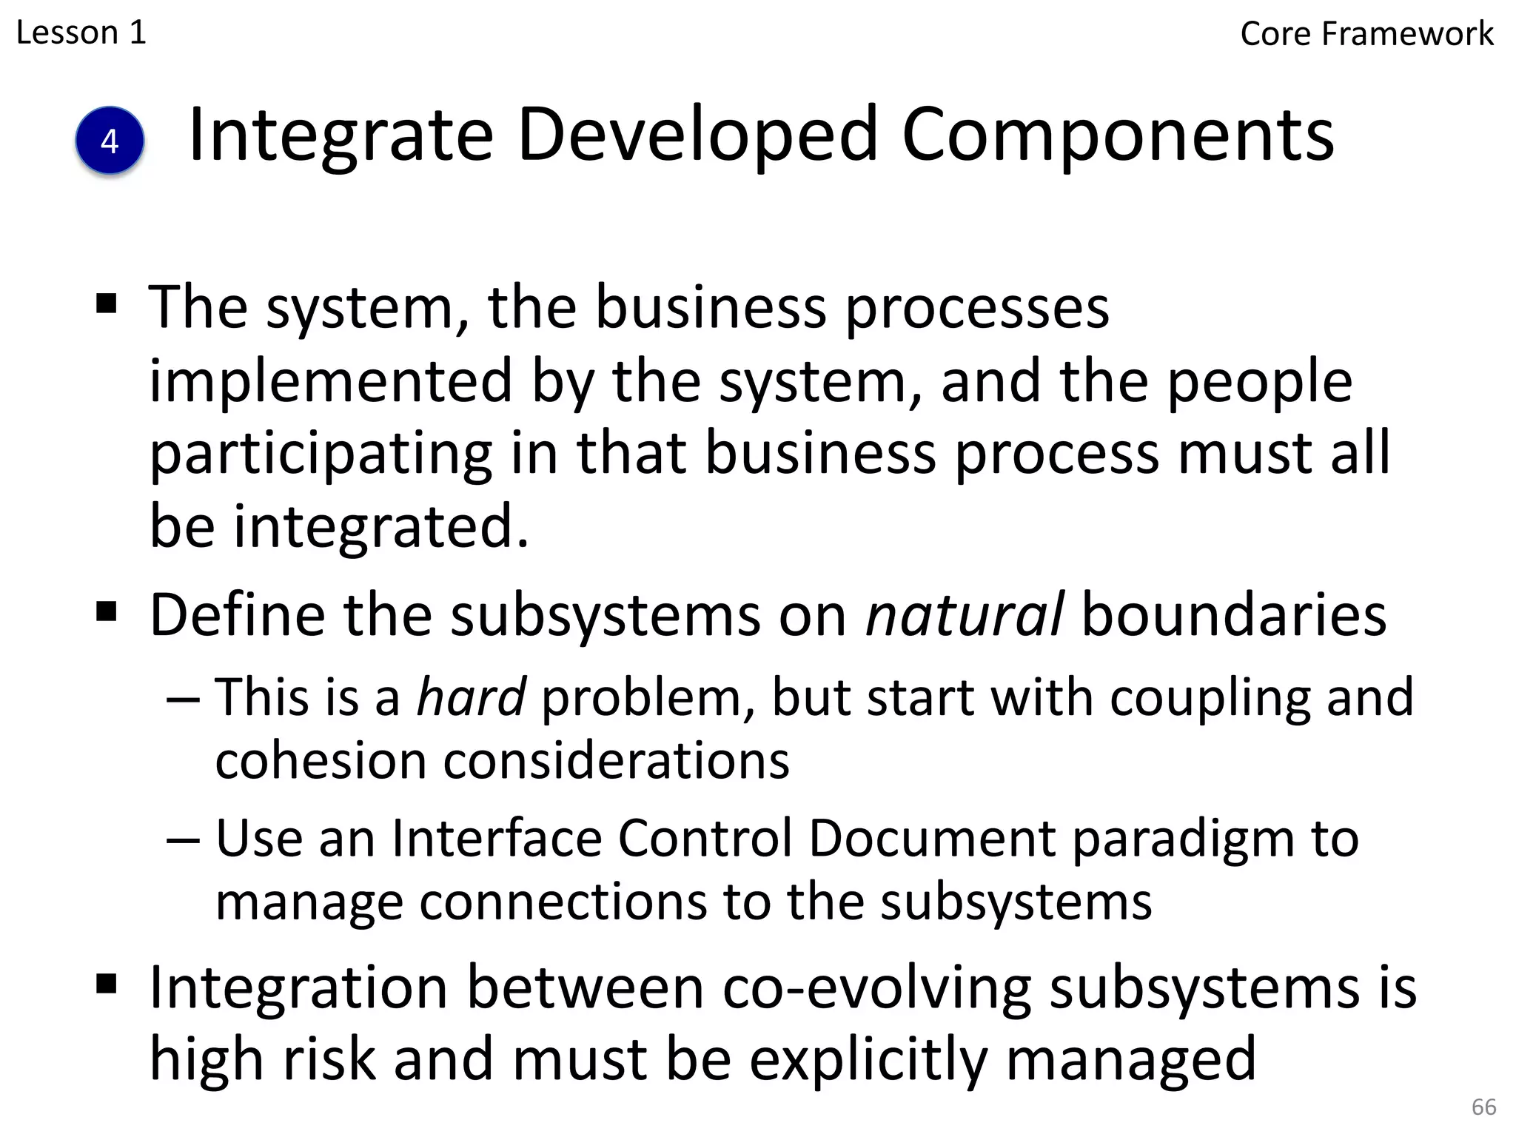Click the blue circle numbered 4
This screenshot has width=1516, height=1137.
[x=110, y=141]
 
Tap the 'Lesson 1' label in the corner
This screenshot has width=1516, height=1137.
[x=81, y=33]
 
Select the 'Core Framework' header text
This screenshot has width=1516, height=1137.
[x=1366, y=34]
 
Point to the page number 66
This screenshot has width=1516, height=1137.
[x=1483, y=1107]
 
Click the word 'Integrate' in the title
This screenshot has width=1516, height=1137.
[x=341, y=136]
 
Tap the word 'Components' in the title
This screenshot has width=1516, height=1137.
[x=1118, y=136]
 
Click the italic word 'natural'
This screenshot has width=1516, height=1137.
[x=965, y=615]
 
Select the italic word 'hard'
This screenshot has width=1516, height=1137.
[x=472, y=697]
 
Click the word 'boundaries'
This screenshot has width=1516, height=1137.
[x=1234, y=615]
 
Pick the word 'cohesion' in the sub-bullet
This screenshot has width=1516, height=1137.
[x=321, y=761]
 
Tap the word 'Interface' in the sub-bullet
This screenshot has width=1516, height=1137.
[x=497, y=839]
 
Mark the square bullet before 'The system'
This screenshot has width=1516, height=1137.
[x=107, y=303]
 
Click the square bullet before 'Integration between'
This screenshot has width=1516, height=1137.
[x=107, y=984]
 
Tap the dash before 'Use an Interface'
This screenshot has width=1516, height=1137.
[x=183, y=840]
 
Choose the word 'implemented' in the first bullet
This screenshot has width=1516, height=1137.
[x=331, y=381]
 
